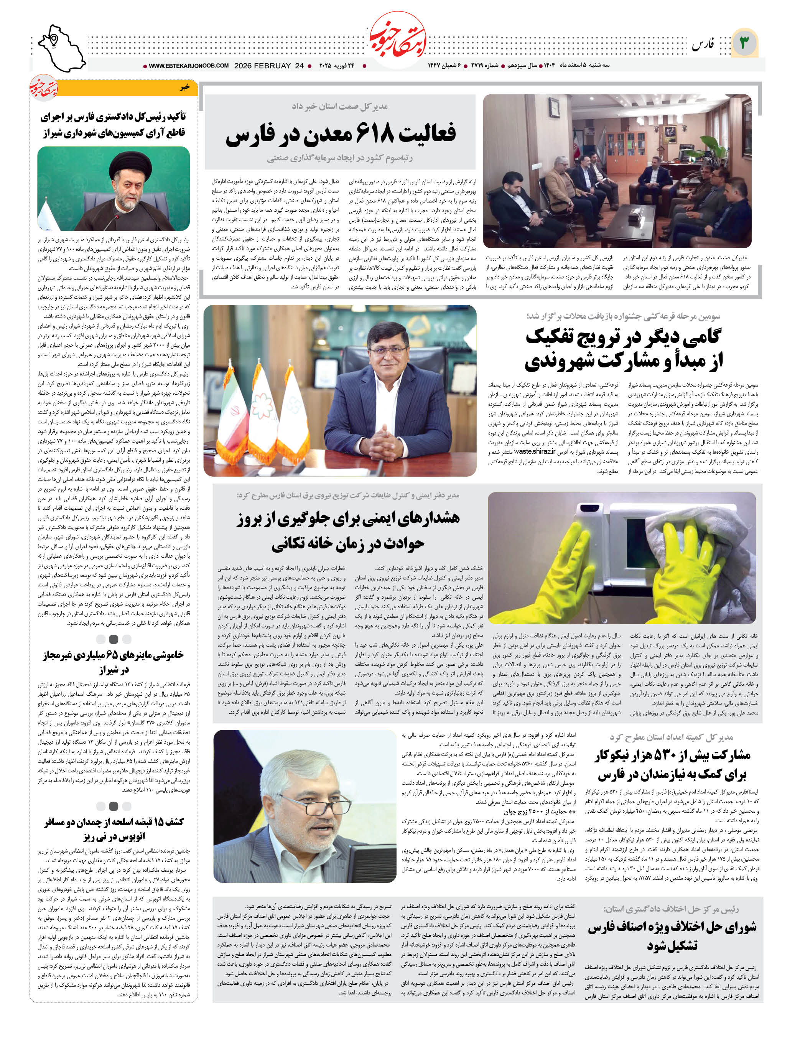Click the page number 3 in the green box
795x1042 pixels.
tap(744, 43)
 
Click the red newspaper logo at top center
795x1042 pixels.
tap(397, 42)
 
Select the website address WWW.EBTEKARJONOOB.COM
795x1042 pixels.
tap(188, 66)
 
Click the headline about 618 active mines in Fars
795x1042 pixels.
tap(340, 134)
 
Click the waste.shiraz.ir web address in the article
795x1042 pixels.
tap(534, 451)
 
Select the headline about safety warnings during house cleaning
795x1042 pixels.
tap(348, 531)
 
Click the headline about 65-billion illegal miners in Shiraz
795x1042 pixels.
tap(114, 662)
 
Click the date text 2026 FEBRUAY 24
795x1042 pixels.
tap(268, 66)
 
